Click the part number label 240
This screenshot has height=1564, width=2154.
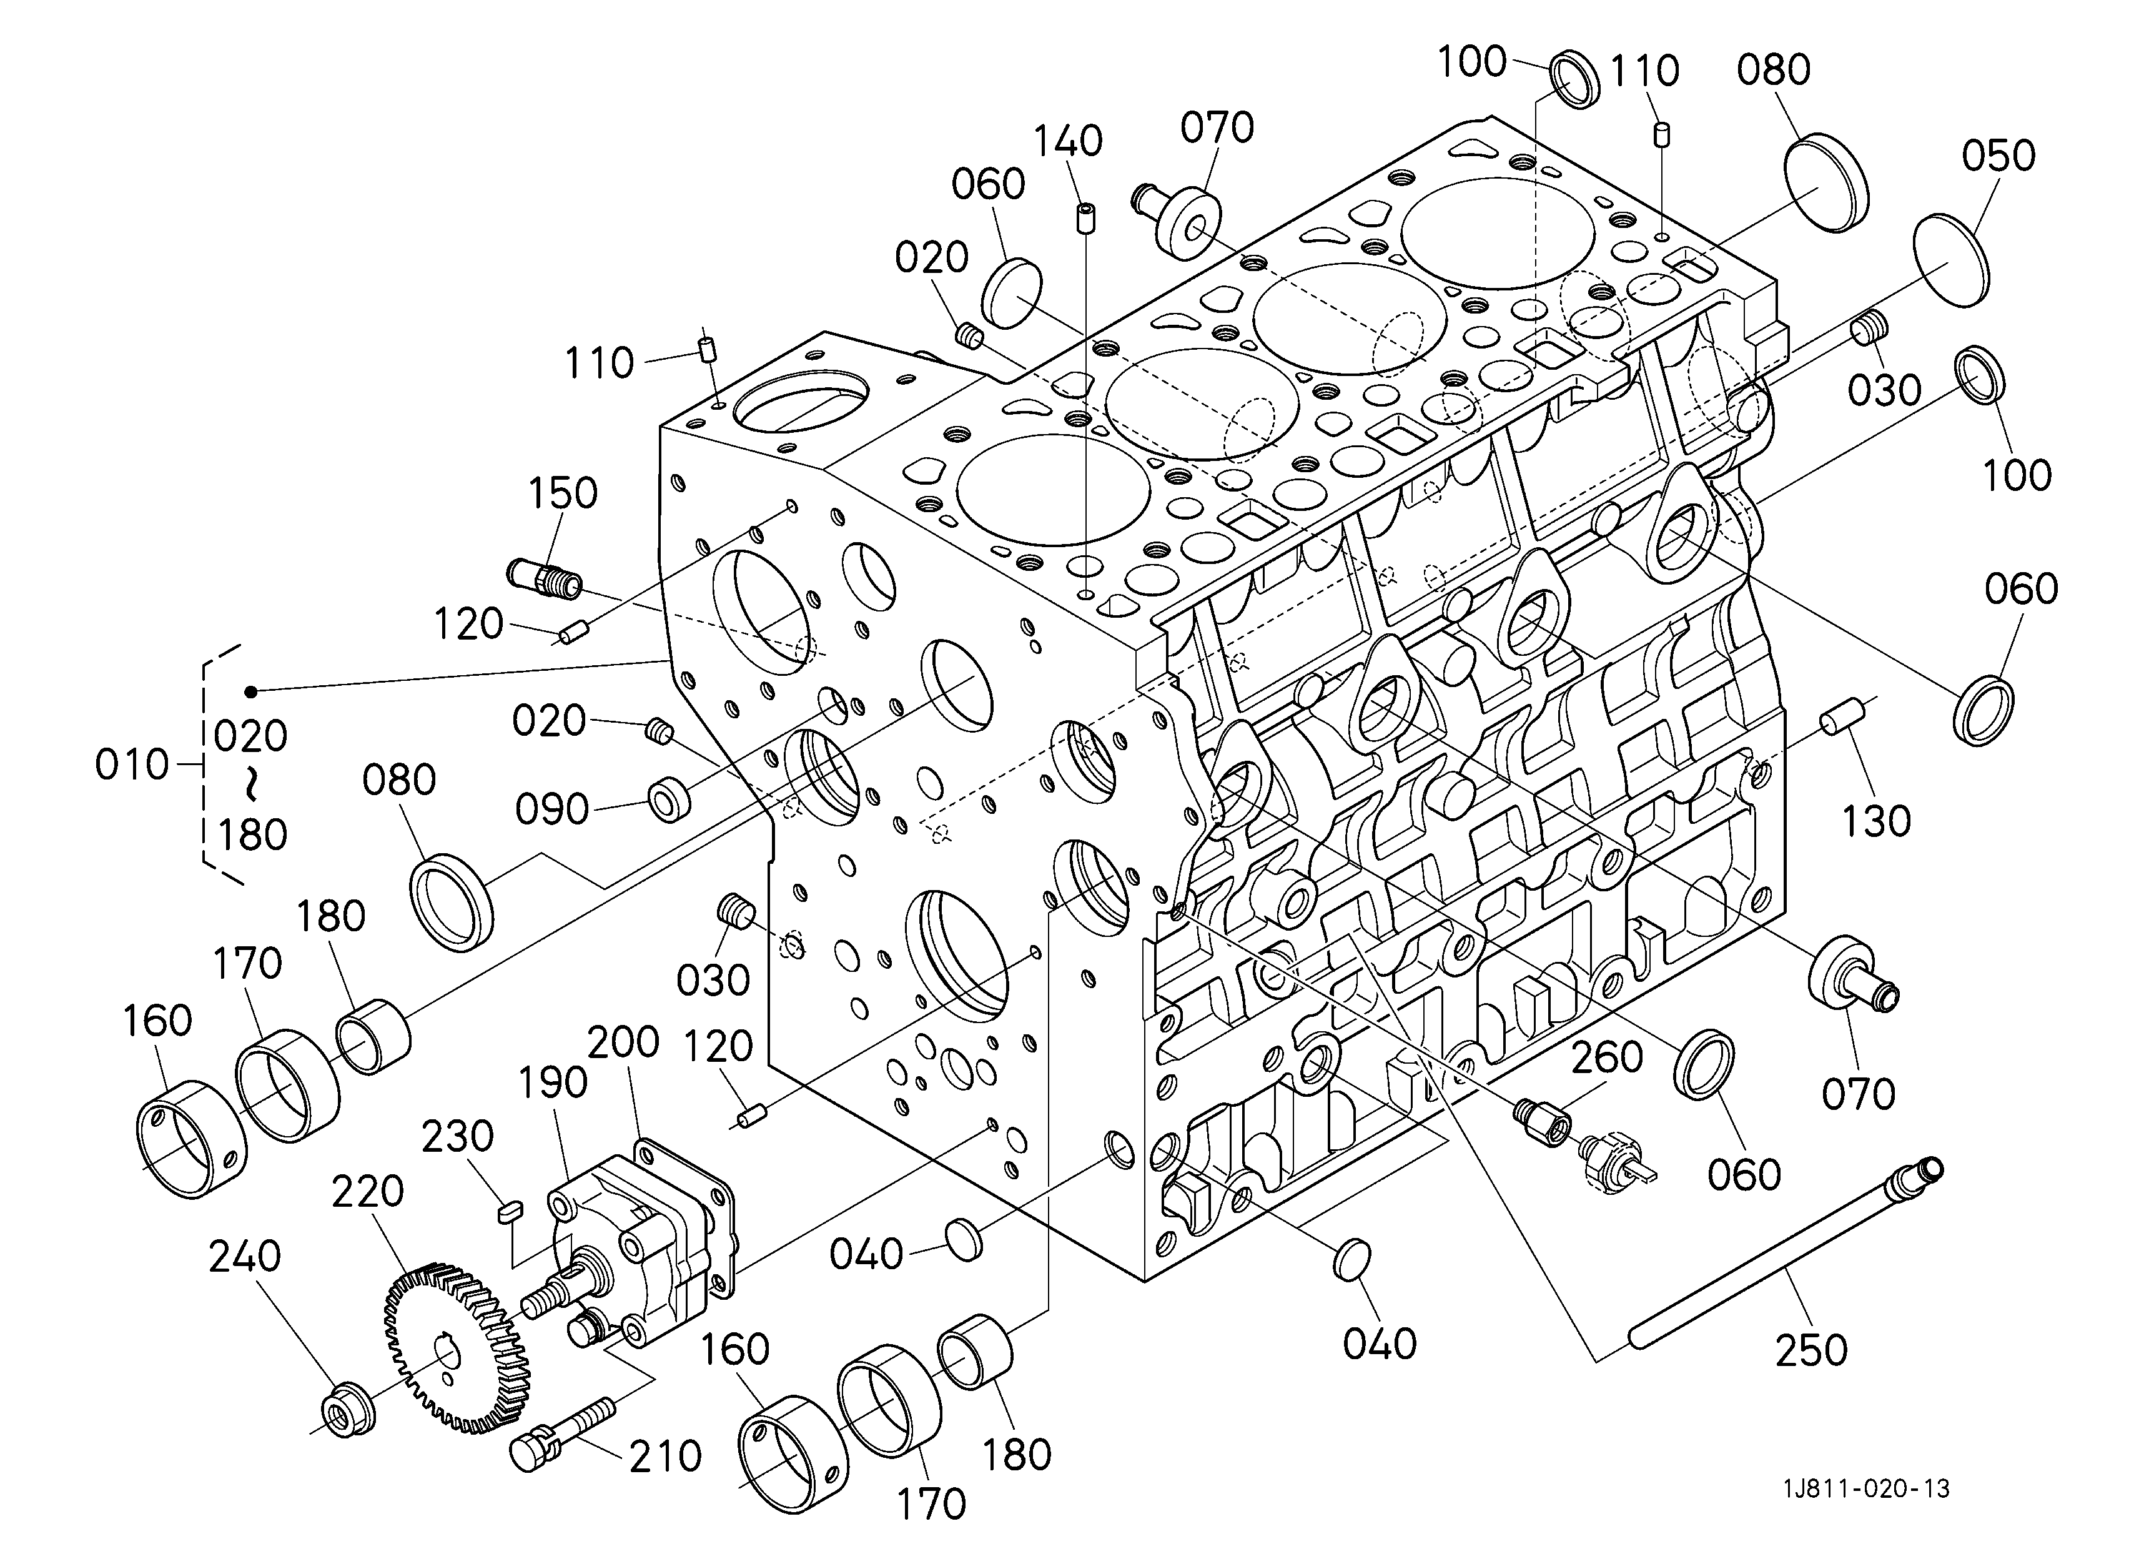point(245,1256)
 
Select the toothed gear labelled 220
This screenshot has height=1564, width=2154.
point(456,1349)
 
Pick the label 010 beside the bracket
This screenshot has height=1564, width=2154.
point(132,765)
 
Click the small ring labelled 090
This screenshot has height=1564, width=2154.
point(669,801)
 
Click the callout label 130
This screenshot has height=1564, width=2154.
point(1877,821)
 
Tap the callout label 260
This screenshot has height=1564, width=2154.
point(1607,1057)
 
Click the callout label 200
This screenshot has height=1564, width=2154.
point(623,1042)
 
